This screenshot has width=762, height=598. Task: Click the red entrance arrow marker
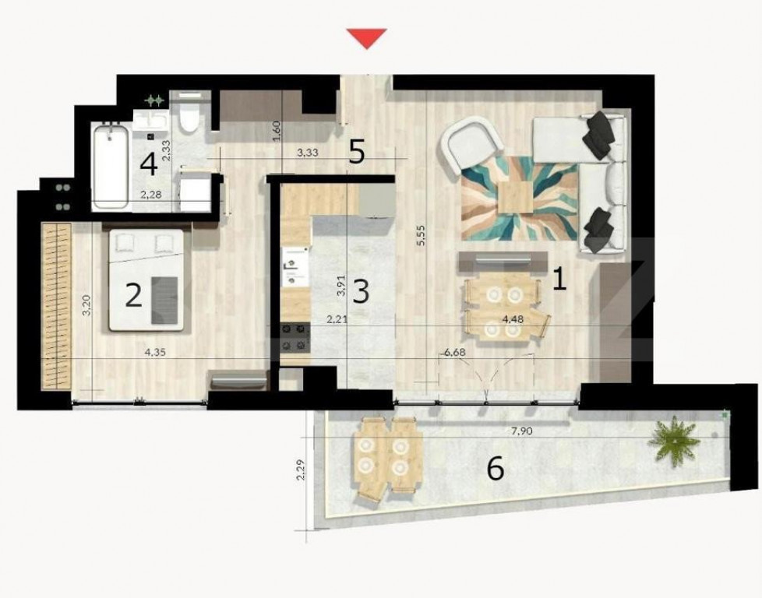click(x=366, y=37)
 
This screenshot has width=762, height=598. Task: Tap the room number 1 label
click(x=559, y=278)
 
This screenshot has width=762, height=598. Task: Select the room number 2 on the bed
click(x=133, y=295)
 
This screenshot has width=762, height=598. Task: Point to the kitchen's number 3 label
click(x=360, y=291)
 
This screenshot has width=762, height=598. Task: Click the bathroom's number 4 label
click(x=148, y=164)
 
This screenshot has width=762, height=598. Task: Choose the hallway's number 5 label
click(x=356, y=152)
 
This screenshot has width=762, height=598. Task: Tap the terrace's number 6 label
click(x=495, y=470)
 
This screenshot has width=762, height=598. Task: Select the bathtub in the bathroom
click(x=111, y=167)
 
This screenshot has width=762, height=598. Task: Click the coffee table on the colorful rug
click(x=518, y=197)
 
